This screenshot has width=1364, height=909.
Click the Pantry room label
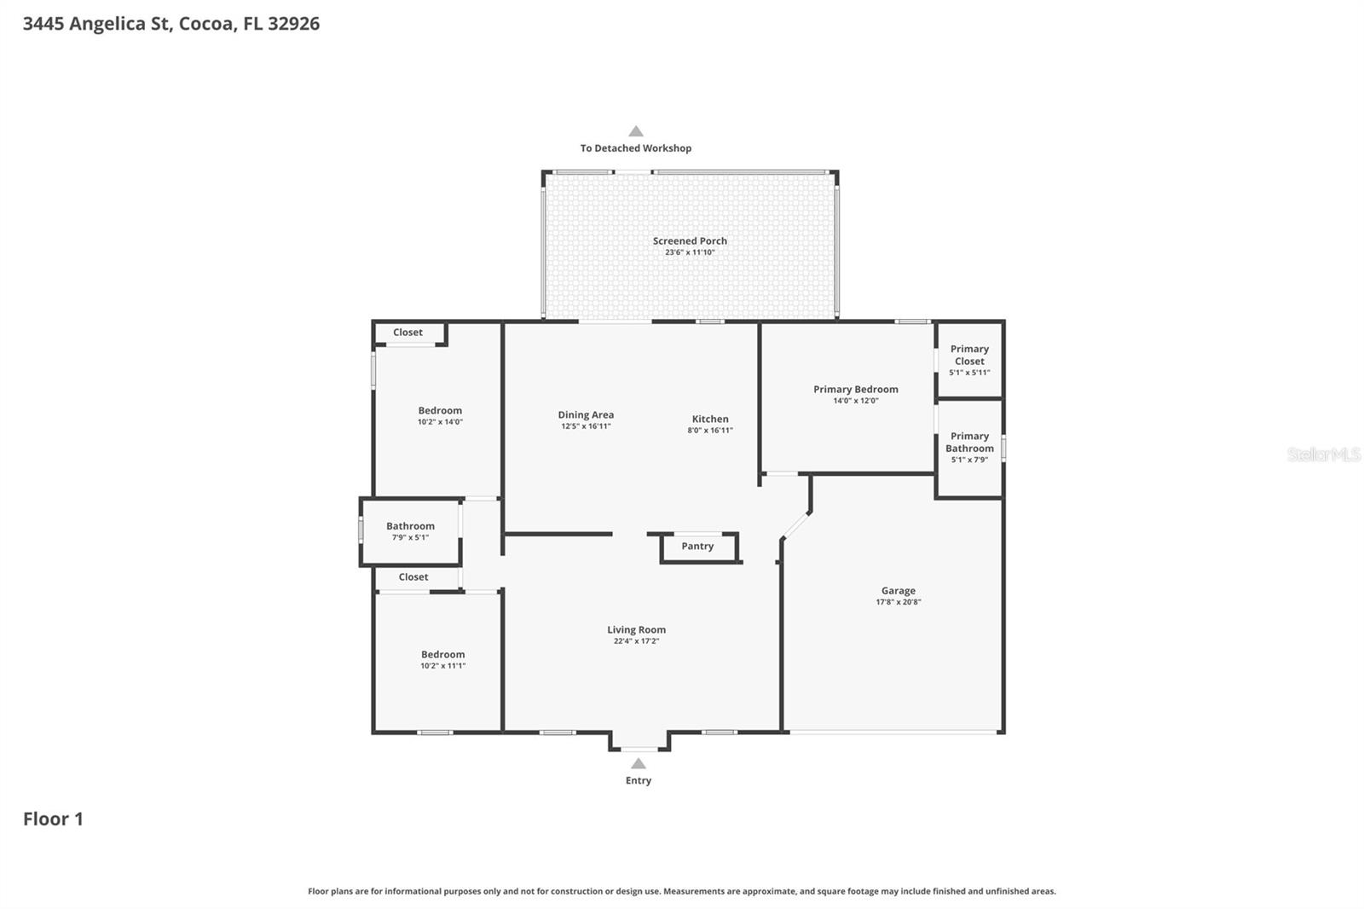pyautogui.click(x=697, y=546)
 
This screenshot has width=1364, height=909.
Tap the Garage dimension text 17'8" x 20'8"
pyautogui.click(x=899, y=602)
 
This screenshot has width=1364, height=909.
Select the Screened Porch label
pyautogui.click(x=690, y=240)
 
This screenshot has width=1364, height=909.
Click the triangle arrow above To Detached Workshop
pyautogui.click(x=636, y=131)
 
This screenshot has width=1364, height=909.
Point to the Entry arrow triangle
pyautogui.click(x=638, y=763)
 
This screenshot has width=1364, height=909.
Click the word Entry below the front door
pyautogui.click(x=638, y=780)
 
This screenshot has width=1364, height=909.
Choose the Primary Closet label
pyautogui.click(x=969, y=355)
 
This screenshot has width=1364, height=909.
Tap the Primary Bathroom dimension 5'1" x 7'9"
pyautogui.click(x=969, y=460)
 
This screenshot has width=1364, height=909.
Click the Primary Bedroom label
pyautogui.click(x=855, y=389)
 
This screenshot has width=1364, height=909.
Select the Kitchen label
pyautogui.click(x=710, y=419)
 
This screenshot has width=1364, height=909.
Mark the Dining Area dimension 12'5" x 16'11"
pyautogui.click(x=586, y=426)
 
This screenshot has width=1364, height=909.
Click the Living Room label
pyautogui.click(x=636, y=629)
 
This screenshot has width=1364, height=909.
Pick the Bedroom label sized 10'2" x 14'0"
pyautogui.click(x=440, y=410)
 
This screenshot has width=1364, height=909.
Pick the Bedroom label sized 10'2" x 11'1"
pyautogui.click(x=442, y=654)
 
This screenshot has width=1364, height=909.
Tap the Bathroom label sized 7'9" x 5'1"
pyautogui.click(x=410, y=526)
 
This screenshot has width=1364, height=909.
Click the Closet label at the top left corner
pyautogui.click(x=407, y=333)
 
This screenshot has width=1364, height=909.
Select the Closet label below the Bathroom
pyautogui.click(x=413, y=577)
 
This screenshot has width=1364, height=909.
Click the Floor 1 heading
pyautogui.click(x=53, y=819)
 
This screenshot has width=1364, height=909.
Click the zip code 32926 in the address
pyautogui.click(x=293, y=23)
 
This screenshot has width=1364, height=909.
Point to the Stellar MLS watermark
pyautogui.click(x=1323, y=454)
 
